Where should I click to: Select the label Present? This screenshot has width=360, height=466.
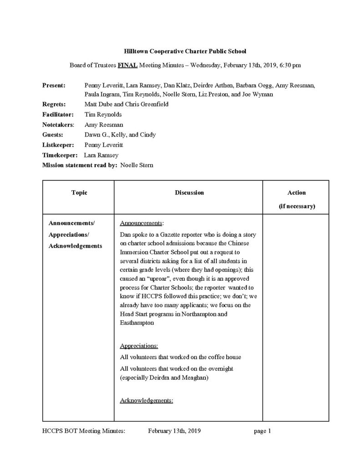tap(53, 85)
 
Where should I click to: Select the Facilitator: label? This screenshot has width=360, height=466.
tap(57, 114)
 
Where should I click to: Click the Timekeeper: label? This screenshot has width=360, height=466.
tap(58, 155)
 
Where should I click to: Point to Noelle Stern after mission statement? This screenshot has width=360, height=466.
tap(137, 165)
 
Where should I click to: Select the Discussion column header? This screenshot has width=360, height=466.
tap(189, 193)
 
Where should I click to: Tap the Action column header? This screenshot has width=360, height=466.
tap(296, 193)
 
